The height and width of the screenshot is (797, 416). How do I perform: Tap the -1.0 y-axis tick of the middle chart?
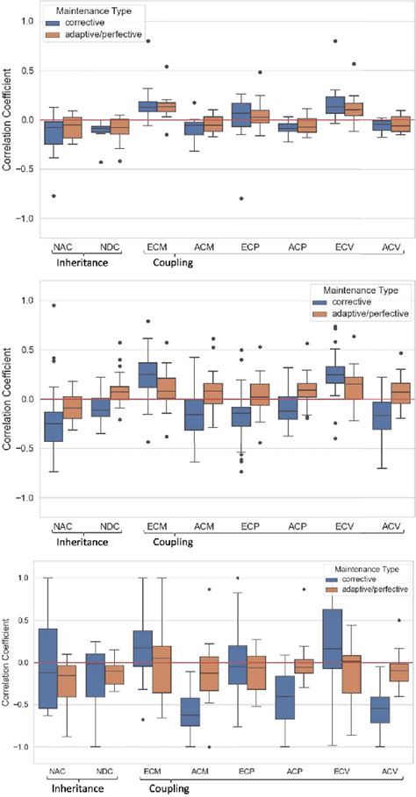[x=23, y=498]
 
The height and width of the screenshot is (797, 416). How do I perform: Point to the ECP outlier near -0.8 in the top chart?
[x=240, y=198]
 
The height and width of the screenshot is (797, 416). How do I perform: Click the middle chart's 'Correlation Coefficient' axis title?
[x=8, y=399]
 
